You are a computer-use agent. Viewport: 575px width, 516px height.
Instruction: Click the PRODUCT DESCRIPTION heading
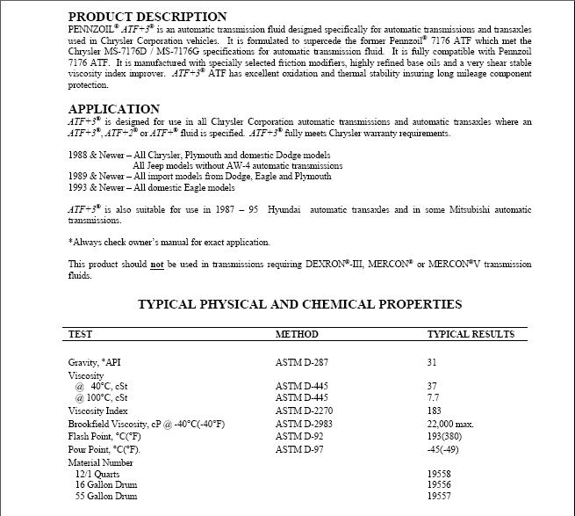tap(147, 17)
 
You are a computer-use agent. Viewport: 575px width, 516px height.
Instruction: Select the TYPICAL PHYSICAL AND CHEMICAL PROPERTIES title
tap(299, 304)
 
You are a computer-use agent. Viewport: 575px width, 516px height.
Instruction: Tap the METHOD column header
tap(297, 334)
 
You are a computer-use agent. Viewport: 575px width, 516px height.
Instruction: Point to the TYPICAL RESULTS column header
tap(471, 334)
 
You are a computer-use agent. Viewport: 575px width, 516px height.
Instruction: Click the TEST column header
tap(80, 334)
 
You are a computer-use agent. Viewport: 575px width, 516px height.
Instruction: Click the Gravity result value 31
tap(432, 362)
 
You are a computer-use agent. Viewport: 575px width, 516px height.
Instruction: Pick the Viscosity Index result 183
tap(435, 411)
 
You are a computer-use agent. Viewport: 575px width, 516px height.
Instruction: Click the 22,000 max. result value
tap(450, 424)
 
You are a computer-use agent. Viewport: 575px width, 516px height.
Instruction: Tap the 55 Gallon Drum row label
tap(106, 496)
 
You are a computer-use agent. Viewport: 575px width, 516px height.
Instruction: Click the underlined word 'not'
tap(157, 264)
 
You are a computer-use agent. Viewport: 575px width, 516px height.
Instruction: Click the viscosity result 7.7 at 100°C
tap(434, 398)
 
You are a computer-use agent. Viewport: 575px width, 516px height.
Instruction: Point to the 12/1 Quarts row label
tap(99, 473)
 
